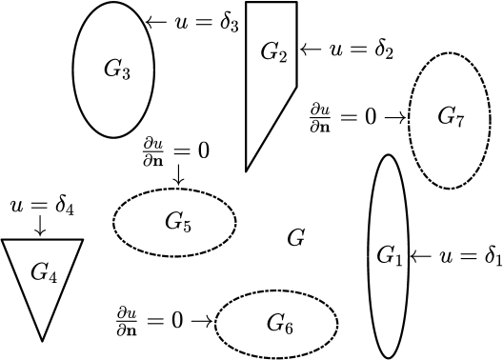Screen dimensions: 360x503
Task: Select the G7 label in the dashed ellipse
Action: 451,117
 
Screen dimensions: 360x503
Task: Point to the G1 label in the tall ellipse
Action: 390,255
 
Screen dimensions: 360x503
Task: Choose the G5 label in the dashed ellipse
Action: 178,224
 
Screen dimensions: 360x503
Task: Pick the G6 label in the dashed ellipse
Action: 279,325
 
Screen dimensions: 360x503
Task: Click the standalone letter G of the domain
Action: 295,238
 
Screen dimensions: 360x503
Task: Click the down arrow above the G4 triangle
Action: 39,227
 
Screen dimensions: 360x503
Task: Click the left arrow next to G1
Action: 421,255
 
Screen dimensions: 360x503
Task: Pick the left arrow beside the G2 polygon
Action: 311,48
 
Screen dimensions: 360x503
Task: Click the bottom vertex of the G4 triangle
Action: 42,340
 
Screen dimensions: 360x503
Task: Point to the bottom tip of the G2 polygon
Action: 247,170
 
